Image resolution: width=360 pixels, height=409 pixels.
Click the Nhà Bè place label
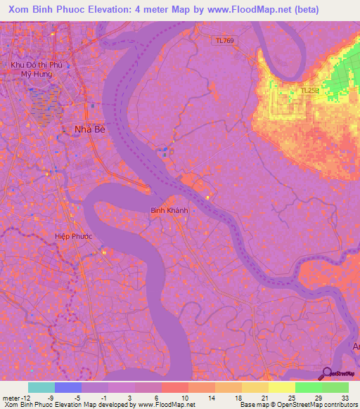[x=89, y=129]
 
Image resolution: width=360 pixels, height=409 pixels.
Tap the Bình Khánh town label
[x=167, y=209]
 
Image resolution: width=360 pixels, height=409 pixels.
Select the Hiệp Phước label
[x=73, y=237]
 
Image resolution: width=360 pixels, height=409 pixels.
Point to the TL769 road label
[x=225, y=41]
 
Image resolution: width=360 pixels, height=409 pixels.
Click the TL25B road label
[x=310, y=91]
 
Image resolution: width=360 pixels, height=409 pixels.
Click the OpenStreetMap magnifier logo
[x=326, y=374]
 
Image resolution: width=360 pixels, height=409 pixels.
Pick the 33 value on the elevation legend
[x=345, y=397]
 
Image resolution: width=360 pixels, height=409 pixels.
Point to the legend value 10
[x=184, y=397]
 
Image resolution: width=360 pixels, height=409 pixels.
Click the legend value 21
[x=264, y=397]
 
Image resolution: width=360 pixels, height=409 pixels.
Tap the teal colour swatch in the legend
[x=41, y=387]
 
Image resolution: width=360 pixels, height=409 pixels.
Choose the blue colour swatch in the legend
[x=68, y=387]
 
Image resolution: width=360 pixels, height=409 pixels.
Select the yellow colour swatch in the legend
[x=281, y=387]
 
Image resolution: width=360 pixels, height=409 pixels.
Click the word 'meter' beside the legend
[x=10, y=397]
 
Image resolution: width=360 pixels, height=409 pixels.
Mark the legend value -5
[x=77, y=397]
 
